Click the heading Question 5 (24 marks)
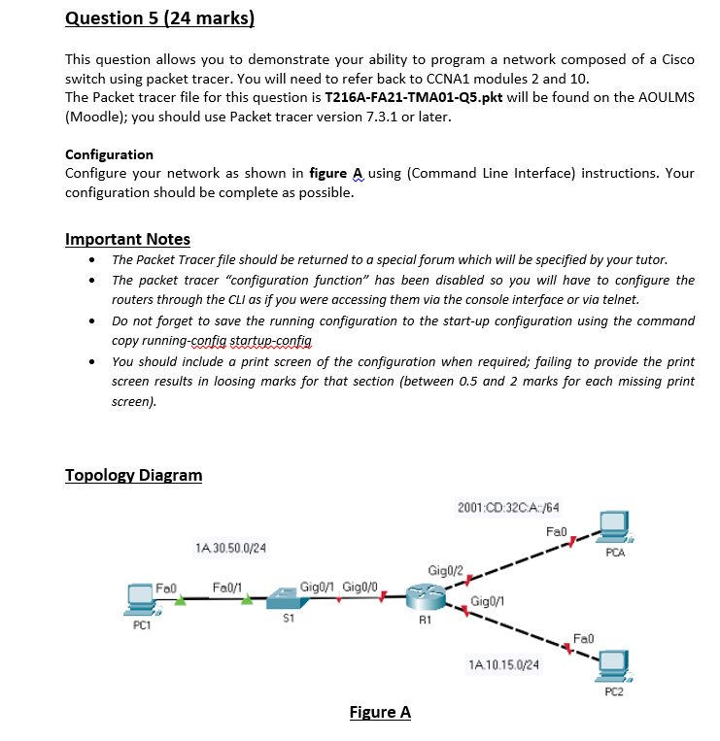pos(159,17)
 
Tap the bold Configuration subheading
pos(109,154)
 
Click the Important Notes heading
pos(127,239)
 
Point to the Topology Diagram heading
pos(133,475)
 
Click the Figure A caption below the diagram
pos(379,712)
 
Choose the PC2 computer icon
pos(613,665)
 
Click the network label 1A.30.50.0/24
pos(231,550)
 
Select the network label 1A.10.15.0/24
pos(503,665)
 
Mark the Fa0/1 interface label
pos(227,586)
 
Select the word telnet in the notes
pos(620,299)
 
